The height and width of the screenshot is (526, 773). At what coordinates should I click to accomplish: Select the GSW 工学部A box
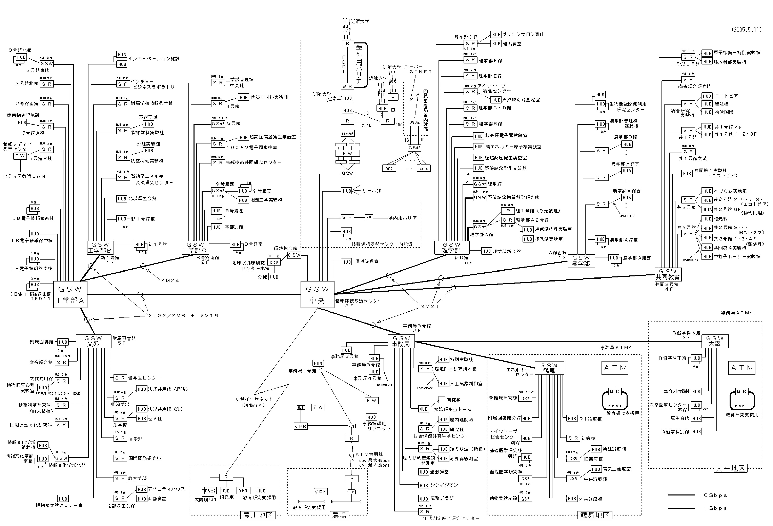click(70, 294)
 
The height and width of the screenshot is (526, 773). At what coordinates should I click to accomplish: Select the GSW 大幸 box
click(714, 341)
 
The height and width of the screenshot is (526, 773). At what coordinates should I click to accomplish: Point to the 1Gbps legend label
click(715, 508)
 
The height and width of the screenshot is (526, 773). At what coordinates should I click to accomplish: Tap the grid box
click(424, 168)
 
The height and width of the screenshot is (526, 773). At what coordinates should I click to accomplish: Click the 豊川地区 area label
click(258, 515)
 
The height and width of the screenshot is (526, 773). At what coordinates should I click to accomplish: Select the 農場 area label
click(339, 515)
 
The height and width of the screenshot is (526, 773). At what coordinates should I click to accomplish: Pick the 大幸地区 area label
click(730, 468)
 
